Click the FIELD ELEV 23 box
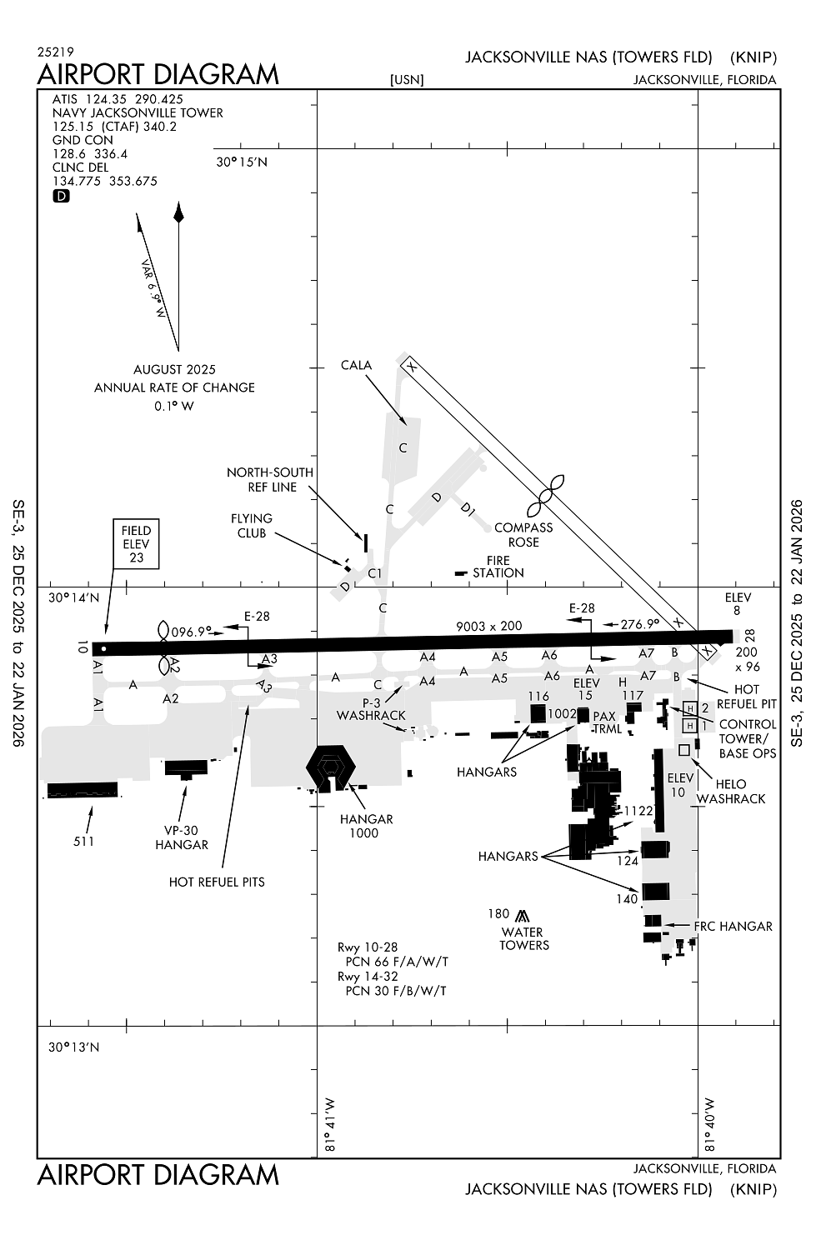click(136, 544)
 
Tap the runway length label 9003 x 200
click(488, 626)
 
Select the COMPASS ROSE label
click(523, 534)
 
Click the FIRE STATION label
click(498, 567)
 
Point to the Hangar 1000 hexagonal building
click(331, 767)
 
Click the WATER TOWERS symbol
click(523, 915)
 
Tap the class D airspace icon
click(62, 197)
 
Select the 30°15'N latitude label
click(242, 162)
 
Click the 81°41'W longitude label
click(330, 1125)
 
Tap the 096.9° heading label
click(192, 632)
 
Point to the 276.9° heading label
click(639, 623)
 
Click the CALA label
click(356, 365)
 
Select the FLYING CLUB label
click(251, 526)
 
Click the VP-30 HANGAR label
click(182, 837)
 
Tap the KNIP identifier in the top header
click(753, 57)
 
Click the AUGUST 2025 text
click(174, 369)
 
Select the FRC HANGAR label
click(733, 926)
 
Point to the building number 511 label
click(83, 841)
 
